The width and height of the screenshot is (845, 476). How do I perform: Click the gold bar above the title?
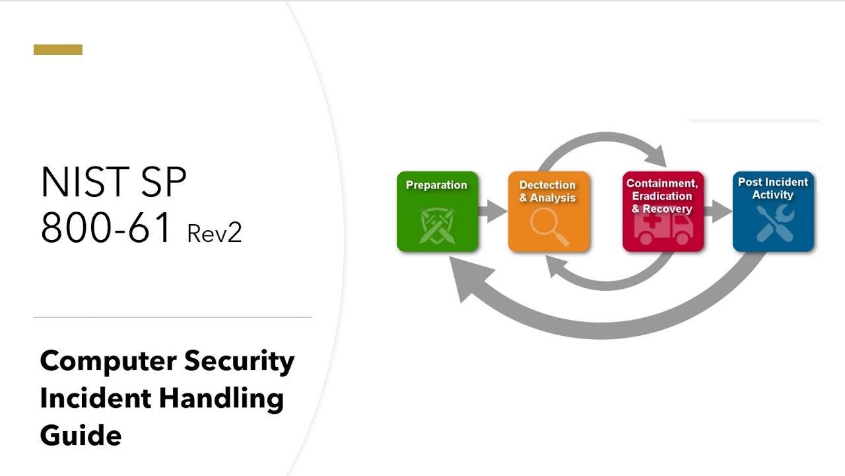tap(58, 50)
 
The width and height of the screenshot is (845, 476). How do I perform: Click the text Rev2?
tap(215, 233)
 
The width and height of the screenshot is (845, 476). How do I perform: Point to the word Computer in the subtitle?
tap(108, 362)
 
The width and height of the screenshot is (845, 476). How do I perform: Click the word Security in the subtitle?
tap(239, 362)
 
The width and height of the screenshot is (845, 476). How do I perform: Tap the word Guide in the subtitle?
tap(81, 436)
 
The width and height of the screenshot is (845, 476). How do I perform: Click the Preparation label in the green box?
tap(436, 185)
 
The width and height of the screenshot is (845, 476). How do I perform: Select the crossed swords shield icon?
tap(436, 225)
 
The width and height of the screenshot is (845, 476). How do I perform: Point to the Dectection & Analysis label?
tap(548, 191)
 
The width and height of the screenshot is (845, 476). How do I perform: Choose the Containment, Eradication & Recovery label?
tap(662, 196)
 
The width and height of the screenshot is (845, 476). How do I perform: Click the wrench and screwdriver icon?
tap(774, 224)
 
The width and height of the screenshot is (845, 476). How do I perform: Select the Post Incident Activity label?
tap(773, 188)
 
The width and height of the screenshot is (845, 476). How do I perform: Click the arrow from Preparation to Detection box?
tap(492, 212)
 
